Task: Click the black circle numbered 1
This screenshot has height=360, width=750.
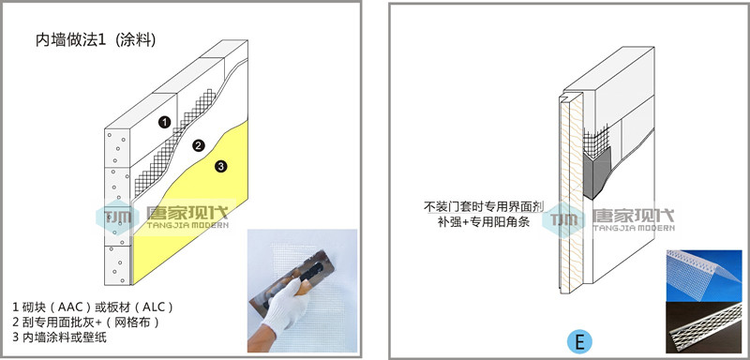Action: [165, 123]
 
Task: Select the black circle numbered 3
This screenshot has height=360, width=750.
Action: [220, 166]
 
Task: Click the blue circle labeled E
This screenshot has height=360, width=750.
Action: [579, 341]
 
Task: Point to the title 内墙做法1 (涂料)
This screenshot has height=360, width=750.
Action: [96, 40]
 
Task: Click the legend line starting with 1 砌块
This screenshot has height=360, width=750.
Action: [93, 306]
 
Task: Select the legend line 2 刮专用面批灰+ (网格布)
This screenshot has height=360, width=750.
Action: [85, 322]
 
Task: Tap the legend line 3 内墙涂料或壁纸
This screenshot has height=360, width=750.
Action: [59, 337]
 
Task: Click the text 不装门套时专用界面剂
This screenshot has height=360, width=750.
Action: [484, 207]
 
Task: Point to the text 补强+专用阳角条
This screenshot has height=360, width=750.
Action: [484, 222]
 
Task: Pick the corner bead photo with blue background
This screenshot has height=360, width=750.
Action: [704, 276]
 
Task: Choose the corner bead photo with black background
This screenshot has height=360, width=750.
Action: [704, 327]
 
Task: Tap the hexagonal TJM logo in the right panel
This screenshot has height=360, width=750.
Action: [564, 219]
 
